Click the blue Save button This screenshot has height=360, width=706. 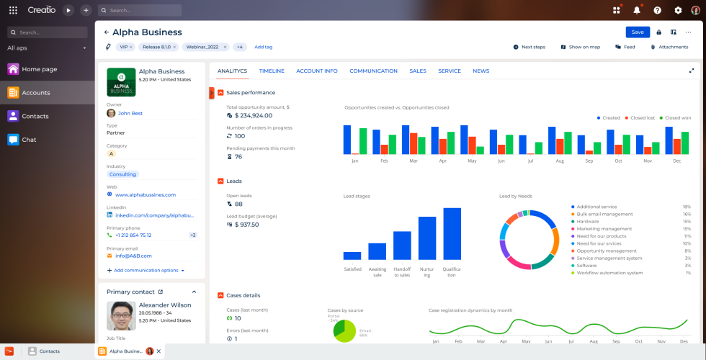tap(638, 32)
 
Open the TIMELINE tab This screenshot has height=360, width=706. tap(272, 71)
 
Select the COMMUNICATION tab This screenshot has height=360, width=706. tap(373, 71)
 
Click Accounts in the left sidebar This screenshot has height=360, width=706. tap(35, 93)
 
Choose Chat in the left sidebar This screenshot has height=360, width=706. tap(29, 140)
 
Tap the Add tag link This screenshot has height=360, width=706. tap(263, 47)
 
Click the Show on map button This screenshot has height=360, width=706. tap(580, 47)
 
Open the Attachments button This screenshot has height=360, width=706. tap(669, 47)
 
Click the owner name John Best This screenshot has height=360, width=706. tap(130, 113)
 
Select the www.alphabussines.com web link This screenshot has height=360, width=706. tap(145, 194)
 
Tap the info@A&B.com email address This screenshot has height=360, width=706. tap(133, 256)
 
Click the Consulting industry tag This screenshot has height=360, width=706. tap(122, 174)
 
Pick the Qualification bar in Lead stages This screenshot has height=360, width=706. tap(452, 234)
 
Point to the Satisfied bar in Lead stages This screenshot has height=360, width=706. tap(352, 256)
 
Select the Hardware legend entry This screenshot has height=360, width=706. tap(588, 222)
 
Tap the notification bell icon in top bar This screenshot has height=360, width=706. tap(636, 10)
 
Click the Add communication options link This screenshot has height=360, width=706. tap(146, 271)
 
